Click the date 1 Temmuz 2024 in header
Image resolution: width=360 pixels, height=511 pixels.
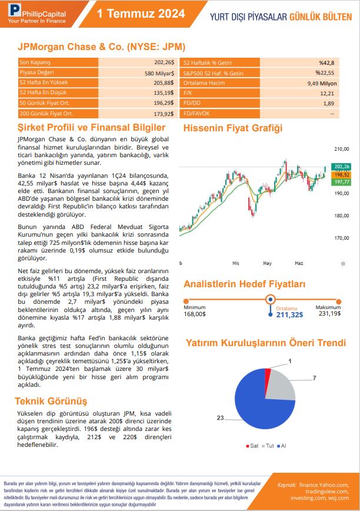tap(141, 14)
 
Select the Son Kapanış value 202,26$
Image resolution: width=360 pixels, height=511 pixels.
tap(164, 62)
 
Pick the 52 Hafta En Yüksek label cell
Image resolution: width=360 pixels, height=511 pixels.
tap(41, 83)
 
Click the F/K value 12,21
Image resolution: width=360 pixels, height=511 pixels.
tap(327, 93)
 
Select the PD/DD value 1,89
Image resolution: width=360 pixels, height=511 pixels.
tap(328, 103)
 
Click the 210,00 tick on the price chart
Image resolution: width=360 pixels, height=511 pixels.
tap(341, 149)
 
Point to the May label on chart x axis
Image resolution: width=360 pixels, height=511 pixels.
tap(268, 263)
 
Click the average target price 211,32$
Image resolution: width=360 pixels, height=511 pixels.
tap(289, 315)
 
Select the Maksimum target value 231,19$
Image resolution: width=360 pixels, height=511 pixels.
tap(329, 314)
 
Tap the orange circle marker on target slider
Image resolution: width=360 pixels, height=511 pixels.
tap(271, 299)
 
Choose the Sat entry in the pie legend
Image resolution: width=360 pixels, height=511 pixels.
tap(251, 446)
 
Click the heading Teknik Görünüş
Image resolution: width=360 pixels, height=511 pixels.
tap(51, 401)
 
